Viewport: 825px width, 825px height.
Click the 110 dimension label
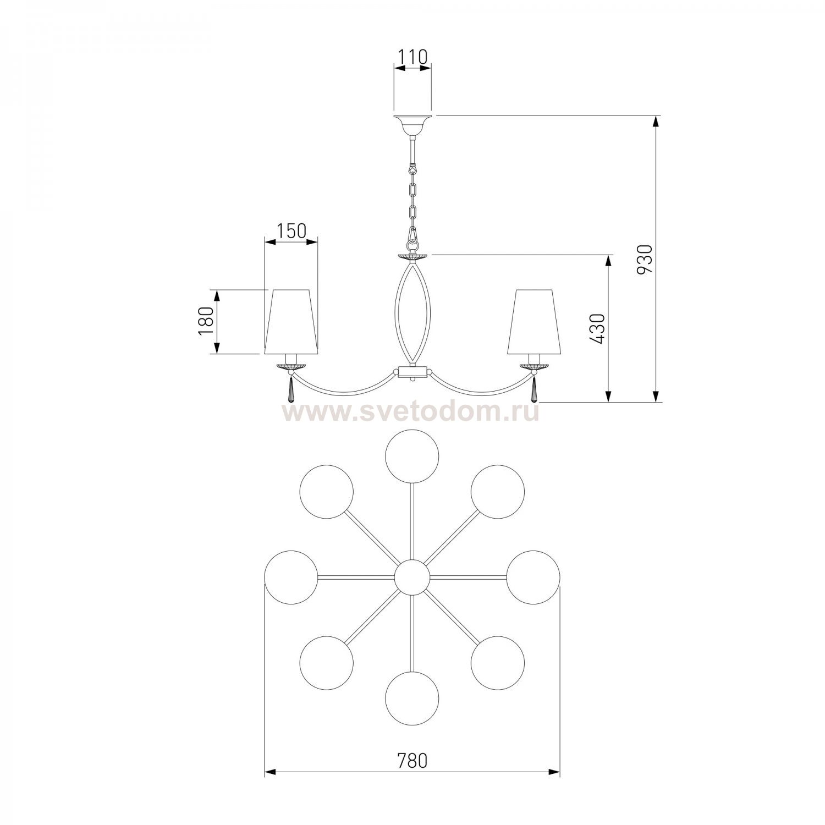pyautogui.click(x=411, y=57)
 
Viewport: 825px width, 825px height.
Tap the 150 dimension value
pyautogui.click(x=290, y=232)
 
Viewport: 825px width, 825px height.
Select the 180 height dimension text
pyautogui.click(x=206, y=321)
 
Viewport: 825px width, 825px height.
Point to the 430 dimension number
pyautogui.click(x=598, y=329)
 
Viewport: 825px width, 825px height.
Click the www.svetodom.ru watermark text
pyautogui.click(x=411, y=412)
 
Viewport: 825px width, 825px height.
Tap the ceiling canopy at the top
pyautogui.click(x=413, y=125)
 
